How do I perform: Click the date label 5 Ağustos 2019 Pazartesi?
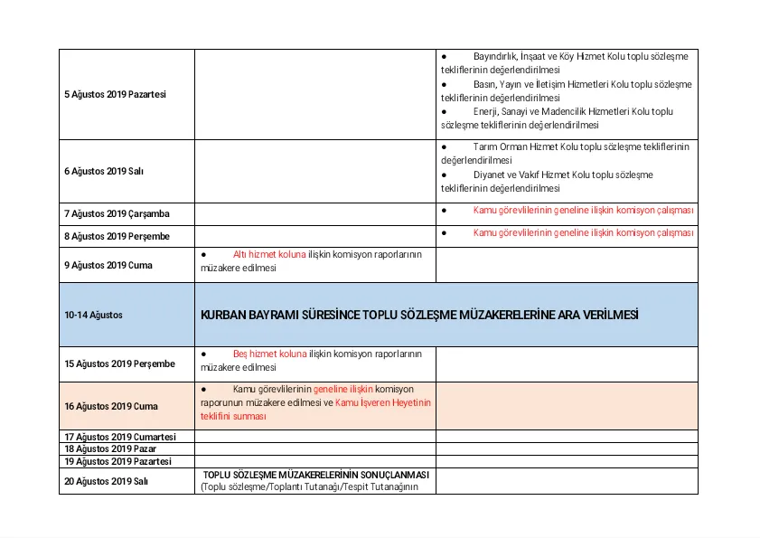click(x=115, y=94)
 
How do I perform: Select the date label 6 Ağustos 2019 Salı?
click(x=104, y=171)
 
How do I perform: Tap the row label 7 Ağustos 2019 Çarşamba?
click(x=116, y=214)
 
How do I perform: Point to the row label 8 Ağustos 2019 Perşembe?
click(x=117, y=236)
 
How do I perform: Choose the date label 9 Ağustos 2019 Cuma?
click(x=108, y=265)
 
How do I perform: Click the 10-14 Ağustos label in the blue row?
click(x=93, y=315)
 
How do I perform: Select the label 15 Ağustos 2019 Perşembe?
click(x=119, y=364)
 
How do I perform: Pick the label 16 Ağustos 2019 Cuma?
click(x=110, y=407)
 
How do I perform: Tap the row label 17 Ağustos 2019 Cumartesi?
click(x=119, y=437)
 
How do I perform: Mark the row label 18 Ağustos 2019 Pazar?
click(x=109, y=449)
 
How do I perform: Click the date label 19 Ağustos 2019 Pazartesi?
click(x=117, y=461)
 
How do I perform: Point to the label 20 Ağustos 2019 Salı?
click(x=106, y=481)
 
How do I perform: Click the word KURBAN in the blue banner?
click(x=222, y=315)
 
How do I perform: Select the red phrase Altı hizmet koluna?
click(x=269, y=254)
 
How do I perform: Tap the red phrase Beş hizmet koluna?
click(x=270, y=354)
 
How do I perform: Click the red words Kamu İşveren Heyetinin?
click(x=383, y=402)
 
